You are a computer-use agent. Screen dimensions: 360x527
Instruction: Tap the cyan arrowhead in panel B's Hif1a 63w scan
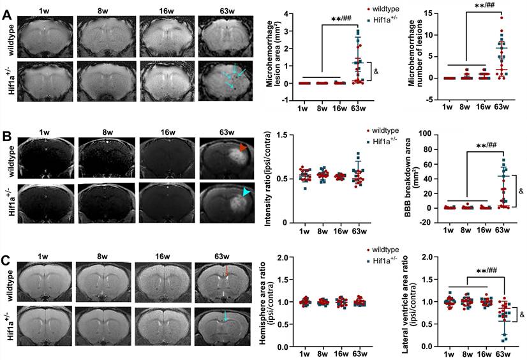[x=245, y=191]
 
